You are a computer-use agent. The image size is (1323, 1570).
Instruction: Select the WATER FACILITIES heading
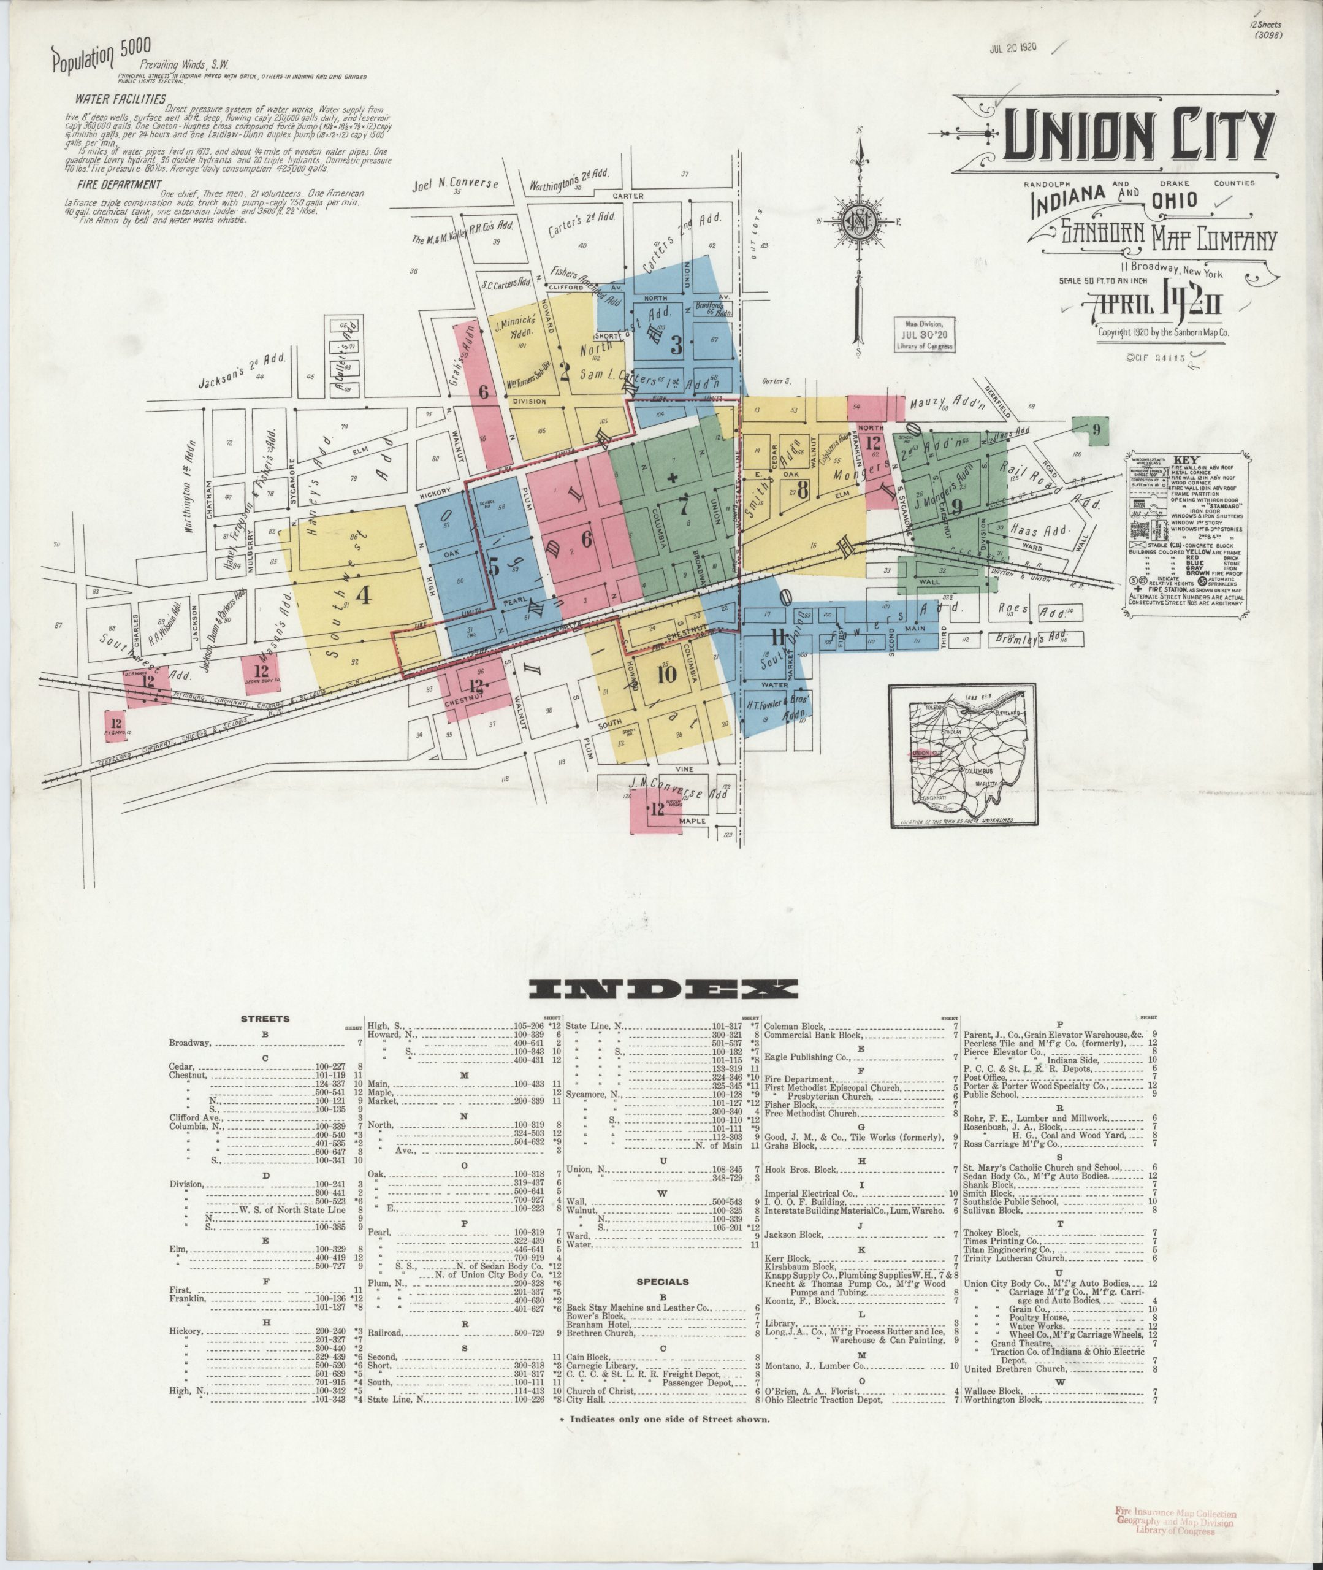coord(120,99)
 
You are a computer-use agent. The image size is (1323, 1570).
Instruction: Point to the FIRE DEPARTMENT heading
coord(118,185)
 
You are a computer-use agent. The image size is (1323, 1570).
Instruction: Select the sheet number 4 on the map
coord(365,594)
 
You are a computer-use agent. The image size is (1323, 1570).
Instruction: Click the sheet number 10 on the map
coord(666,673)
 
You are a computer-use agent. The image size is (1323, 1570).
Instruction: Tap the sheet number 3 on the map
coord(676,345)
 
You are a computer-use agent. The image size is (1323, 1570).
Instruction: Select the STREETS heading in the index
coord(264,1019)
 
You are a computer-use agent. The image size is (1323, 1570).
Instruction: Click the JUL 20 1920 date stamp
coord(1013,47)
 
